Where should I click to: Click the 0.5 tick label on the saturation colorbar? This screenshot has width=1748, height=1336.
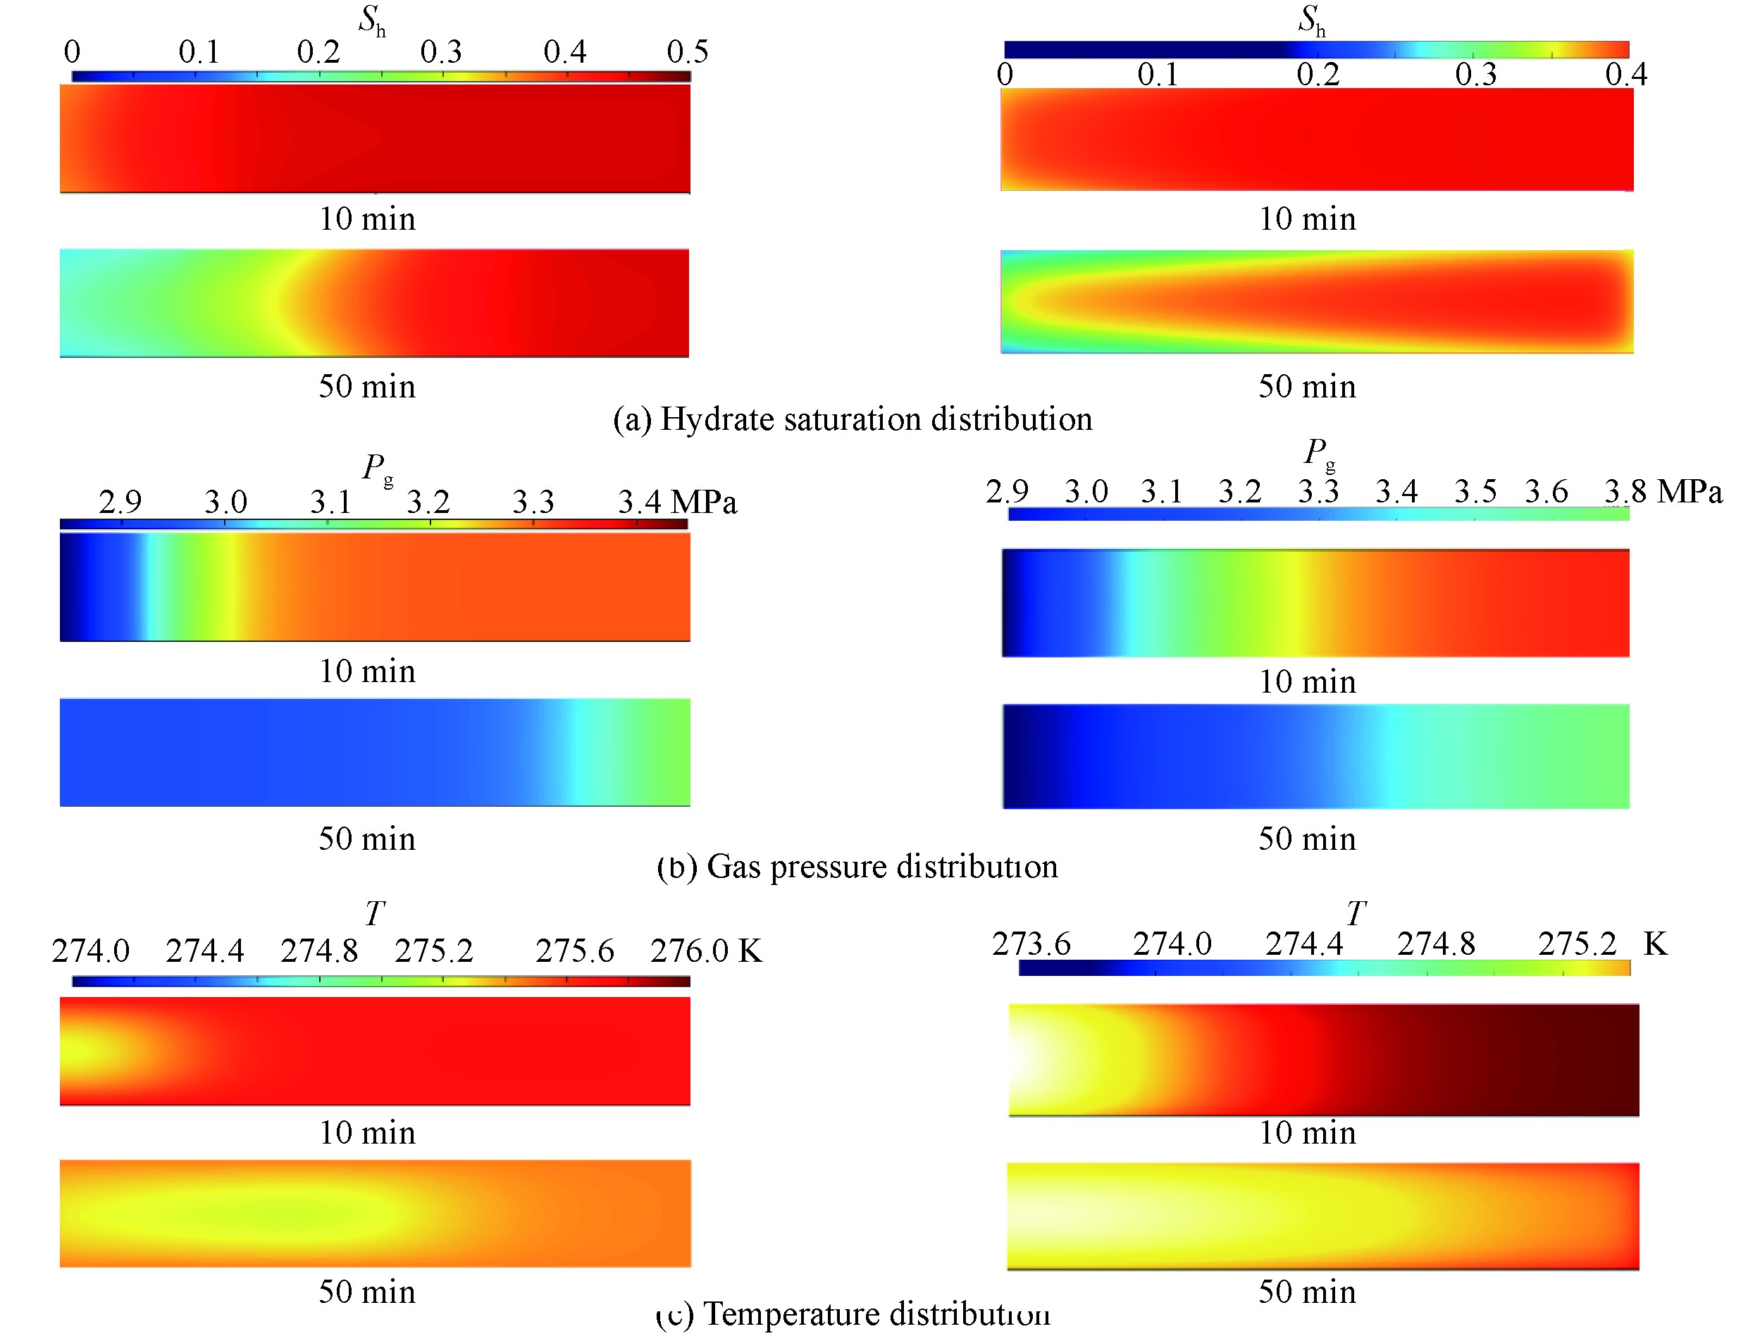[687, 52]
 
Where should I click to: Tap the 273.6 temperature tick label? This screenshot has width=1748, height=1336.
[1031, 944]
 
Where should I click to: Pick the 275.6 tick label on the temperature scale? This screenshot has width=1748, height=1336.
[574, 951]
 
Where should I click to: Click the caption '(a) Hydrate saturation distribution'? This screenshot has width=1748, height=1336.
[852, 419]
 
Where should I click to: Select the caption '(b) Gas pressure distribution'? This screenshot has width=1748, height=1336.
[857, 866]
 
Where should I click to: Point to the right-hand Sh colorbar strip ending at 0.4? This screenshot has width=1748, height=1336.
[1316, 49]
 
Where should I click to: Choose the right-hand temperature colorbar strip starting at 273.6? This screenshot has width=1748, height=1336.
[1325, 967]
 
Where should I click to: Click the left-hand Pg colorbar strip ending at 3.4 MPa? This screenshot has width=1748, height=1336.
[373, 524]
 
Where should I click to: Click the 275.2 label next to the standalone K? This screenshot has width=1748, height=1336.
[1577, 944]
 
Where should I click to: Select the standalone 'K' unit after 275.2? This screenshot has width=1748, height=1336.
[1655, 944]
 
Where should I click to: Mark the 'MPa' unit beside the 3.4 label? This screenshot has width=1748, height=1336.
[703, 502]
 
